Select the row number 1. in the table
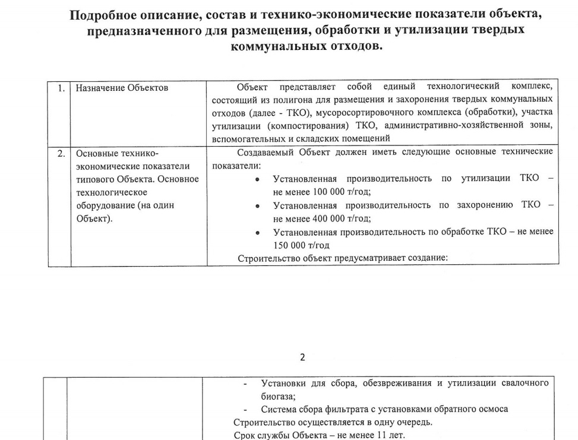pos(61,88)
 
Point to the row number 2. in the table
pos(61,153)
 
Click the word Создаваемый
pos(265,152)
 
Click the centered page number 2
pos(303,357)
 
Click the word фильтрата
pos(326,410)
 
